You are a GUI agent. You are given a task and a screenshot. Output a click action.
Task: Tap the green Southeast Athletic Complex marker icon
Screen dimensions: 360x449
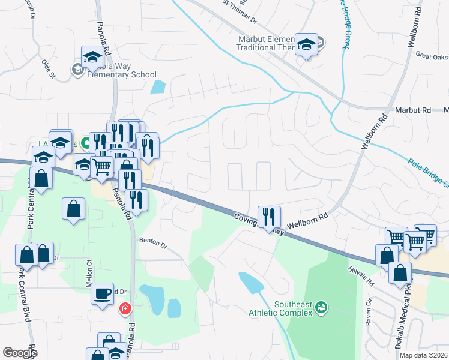click(322, 308)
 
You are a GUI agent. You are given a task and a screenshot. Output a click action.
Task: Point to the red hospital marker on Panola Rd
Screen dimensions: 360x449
click(125, 309)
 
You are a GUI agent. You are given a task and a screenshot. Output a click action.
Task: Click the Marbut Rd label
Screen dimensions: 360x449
click(413, 110)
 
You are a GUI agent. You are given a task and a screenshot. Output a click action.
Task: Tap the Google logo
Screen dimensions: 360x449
click(20, 353)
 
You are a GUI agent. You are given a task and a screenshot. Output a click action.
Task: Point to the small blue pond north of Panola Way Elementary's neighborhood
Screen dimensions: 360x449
click(157, 87)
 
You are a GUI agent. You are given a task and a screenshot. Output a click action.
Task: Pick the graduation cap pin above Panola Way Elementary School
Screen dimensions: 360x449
click(93, 56)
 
